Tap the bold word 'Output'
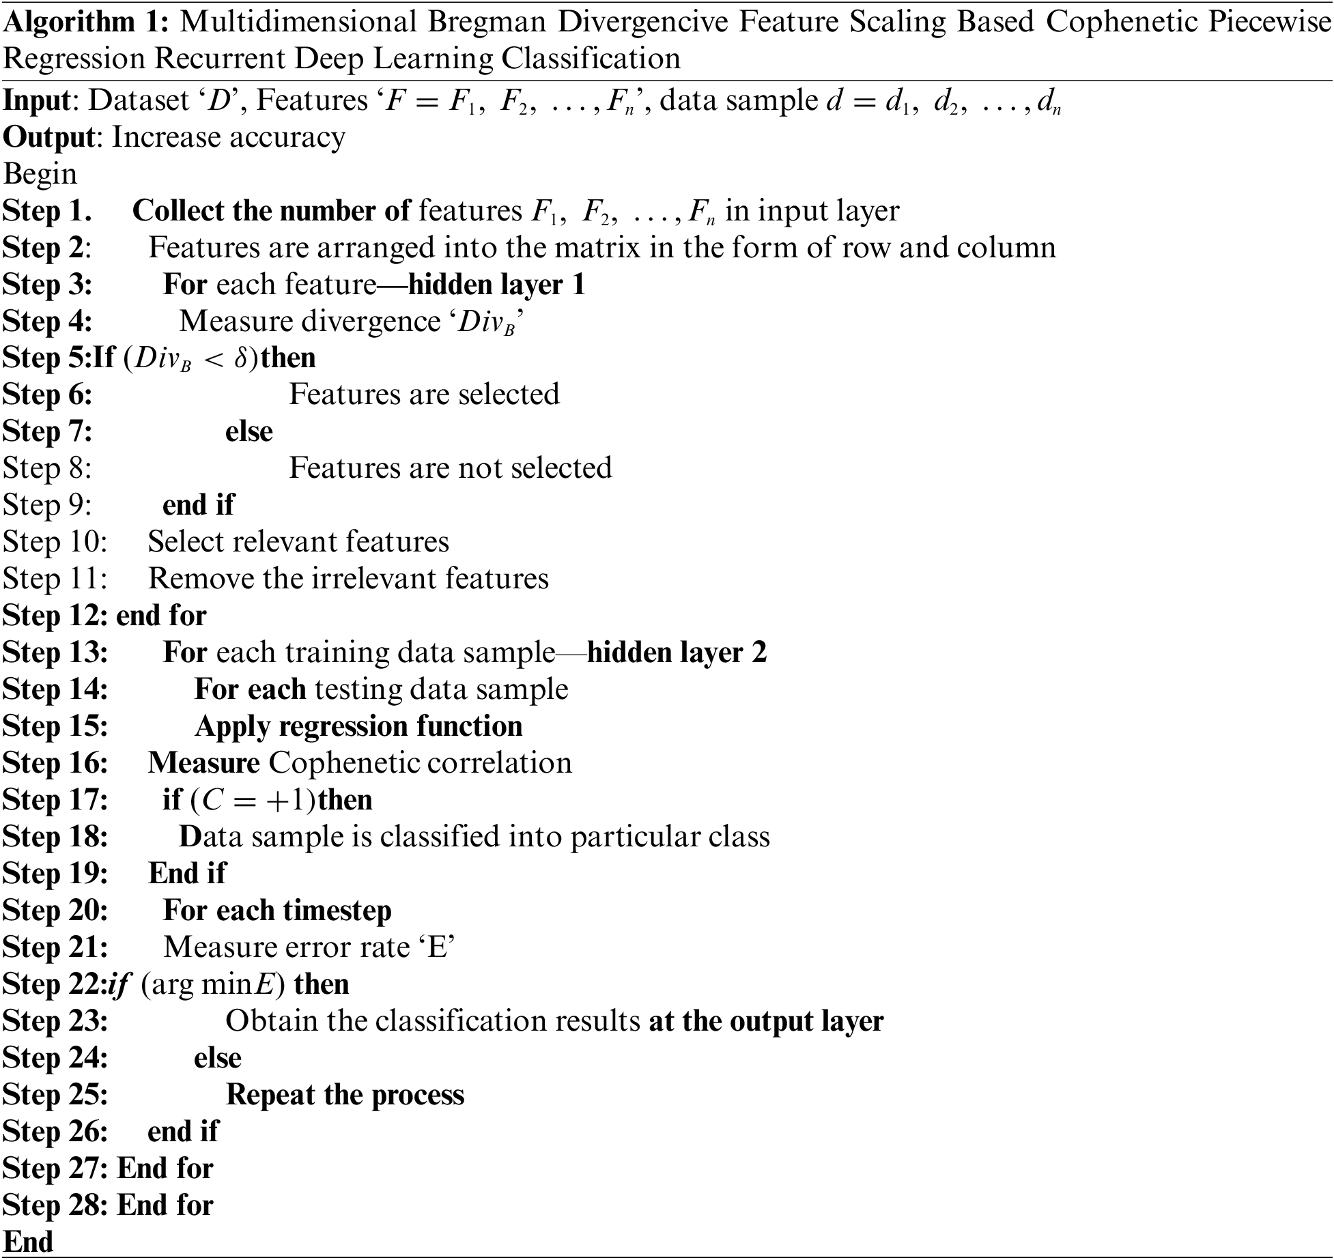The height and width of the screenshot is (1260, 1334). point(48,137)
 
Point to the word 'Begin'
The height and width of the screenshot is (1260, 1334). point(40,174)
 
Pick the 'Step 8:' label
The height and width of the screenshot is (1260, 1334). point(47,468)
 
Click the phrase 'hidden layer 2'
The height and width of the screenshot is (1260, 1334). point(677,653)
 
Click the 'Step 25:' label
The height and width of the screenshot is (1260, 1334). point(55,1095)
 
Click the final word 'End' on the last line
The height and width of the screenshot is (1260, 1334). point(28,1242)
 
